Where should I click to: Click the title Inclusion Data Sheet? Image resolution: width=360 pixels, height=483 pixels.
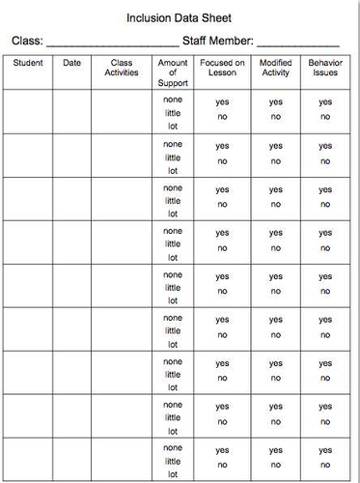(180, 17)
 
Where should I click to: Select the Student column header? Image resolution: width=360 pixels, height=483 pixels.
(27, 63)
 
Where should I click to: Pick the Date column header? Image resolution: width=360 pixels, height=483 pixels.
(72, 63)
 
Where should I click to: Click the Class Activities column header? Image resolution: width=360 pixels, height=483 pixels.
(121, 68)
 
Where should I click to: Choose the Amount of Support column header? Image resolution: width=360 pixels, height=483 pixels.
(173, 72)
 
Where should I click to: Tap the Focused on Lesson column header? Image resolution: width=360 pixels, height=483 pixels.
(223, 68)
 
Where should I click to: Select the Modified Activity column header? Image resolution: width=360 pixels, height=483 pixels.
(276, 68)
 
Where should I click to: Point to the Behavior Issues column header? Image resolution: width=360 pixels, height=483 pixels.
(325, 68)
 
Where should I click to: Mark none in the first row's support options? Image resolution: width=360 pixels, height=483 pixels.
(173, 99)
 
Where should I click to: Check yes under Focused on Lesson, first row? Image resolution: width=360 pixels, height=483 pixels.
(223, 101)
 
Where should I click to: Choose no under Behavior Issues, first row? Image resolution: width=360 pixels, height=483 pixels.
(325, 117)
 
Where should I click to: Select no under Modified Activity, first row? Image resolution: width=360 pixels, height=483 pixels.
(276, 117)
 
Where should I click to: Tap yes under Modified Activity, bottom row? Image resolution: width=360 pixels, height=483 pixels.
(276, 451)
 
